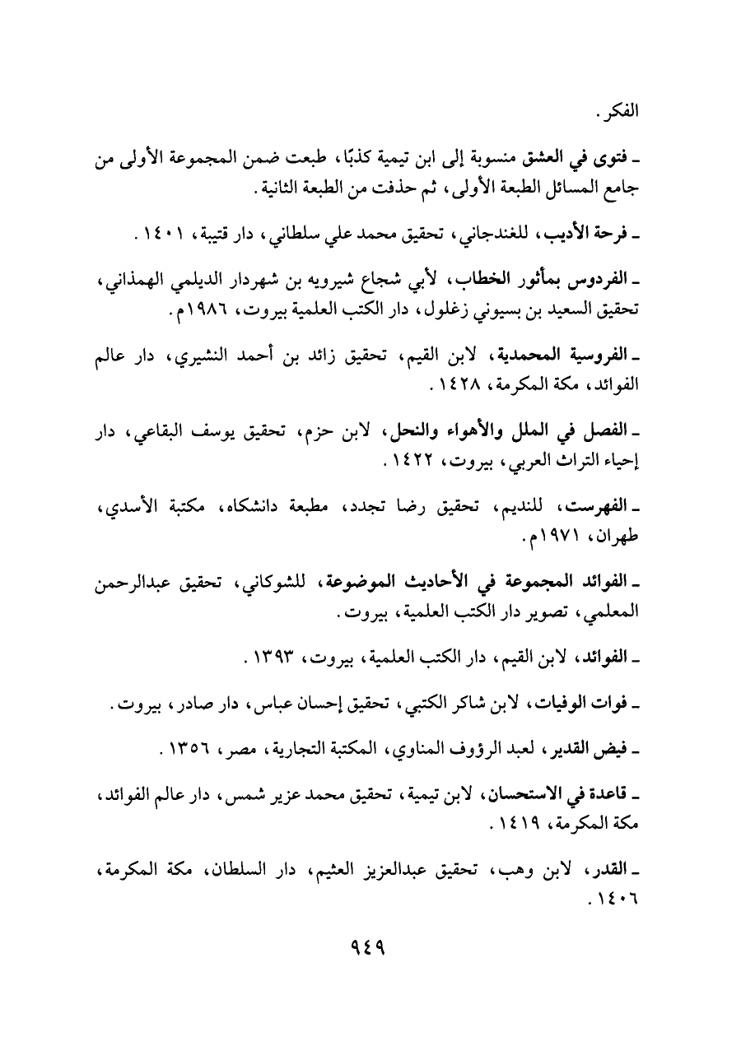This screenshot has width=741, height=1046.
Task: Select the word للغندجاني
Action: point(541,236)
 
